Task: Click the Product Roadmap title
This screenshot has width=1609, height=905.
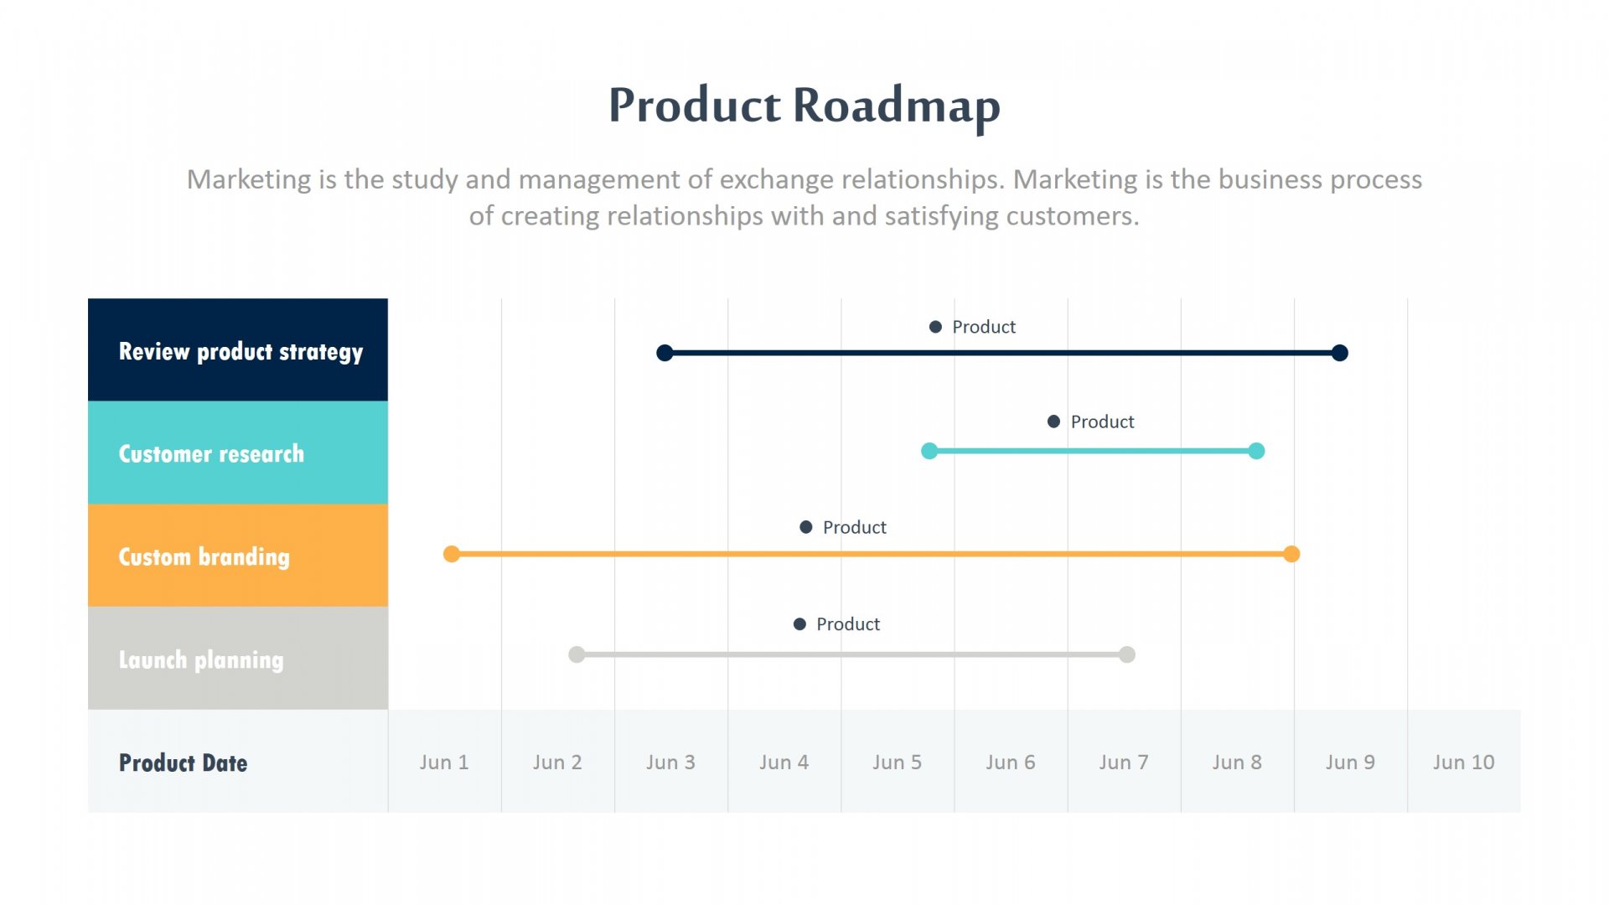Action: click(804, 106)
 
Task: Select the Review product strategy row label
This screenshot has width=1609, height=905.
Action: click(241, 352)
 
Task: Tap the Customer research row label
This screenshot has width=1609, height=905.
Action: click(211, 454)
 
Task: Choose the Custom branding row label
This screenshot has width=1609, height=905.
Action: click(204, 557)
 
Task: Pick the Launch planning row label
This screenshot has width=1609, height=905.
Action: click(201, 660)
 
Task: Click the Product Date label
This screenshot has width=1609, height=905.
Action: click(183, 763)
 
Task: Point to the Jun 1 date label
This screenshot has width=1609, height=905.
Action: click(444, 763)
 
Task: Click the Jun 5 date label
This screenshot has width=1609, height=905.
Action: click(897, 763)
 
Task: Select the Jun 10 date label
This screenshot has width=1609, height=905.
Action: click(1463, 763)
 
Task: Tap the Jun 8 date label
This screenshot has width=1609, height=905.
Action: click(1237, 763)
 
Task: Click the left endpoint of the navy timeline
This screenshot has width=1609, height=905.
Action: click(665, 353)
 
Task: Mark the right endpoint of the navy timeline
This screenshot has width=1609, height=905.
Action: click(1340, 353)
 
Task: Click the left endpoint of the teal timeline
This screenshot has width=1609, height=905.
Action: click(929, 451)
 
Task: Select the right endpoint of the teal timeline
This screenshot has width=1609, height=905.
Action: click(1256, 451)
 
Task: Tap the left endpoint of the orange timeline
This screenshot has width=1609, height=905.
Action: click(452, 554)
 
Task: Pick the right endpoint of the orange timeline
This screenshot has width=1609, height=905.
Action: click(1291, 554)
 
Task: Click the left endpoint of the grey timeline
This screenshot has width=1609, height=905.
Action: click(577, 654)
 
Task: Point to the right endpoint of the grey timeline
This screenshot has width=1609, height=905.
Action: click(1127, 654)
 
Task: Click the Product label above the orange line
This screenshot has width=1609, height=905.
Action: click(854, 527)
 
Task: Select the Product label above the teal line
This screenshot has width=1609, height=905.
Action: click(1102, 421)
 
